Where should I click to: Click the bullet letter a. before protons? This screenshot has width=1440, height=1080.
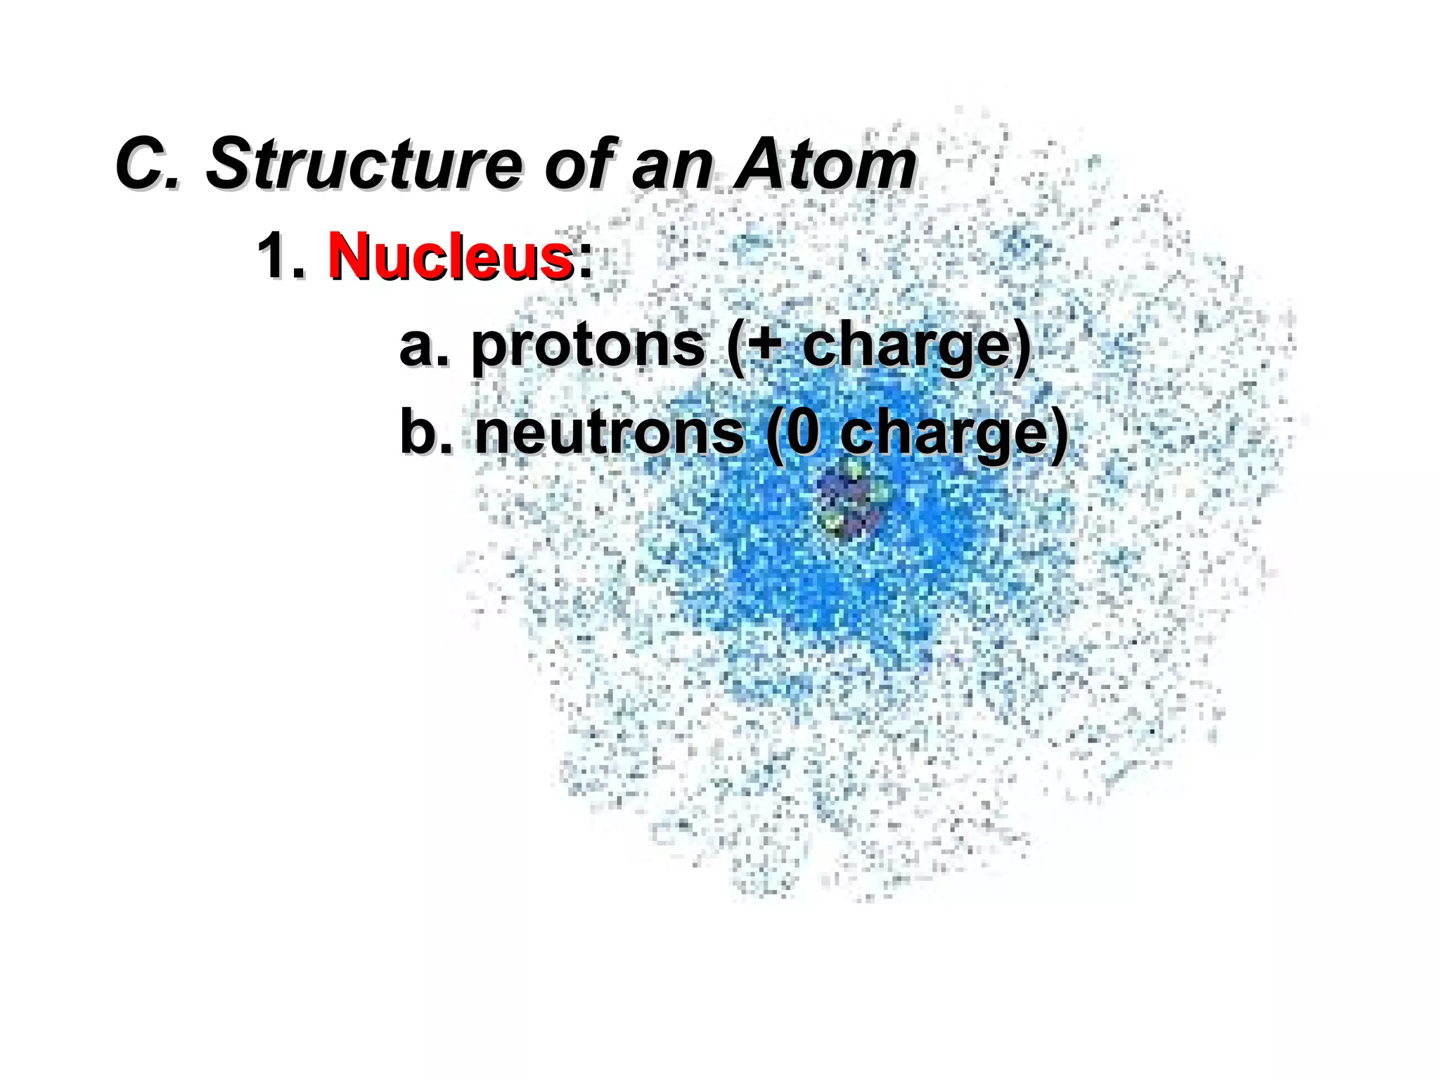click(x=422, y=346)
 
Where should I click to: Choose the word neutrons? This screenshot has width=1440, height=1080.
click(x=609, y=432)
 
